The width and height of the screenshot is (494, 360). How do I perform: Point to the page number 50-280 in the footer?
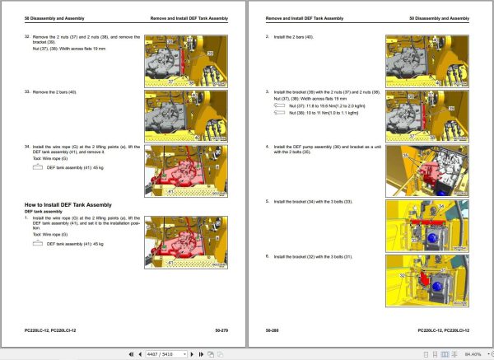click(x=273, y=329)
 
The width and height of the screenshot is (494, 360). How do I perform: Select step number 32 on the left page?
click(x=27, y=36)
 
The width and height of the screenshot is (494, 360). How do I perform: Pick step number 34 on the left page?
click(x=27, y=145)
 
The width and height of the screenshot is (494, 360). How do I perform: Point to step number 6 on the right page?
click(x=268, y=255)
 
